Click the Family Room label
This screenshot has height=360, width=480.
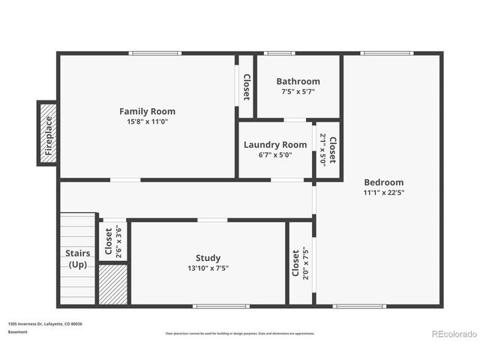[x=147, y=111]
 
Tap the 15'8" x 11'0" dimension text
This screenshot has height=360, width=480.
[x=147, y=121]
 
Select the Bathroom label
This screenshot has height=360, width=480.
[x=298, y=81]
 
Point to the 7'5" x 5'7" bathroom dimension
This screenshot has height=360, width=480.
[x=298, y=91]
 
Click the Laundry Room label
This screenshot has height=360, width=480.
[x=275, y=145]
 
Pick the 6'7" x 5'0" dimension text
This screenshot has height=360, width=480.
[x=275, y=155]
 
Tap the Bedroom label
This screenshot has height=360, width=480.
[x=383, y=182]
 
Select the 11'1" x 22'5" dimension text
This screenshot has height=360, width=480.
[x=383, y=193]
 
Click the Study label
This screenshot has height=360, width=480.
[x=208, y=258]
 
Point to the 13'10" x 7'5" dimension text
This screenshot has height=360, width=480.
[x=208, y=268]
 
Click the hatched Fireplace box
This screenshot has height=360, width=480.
[x=48, y=133]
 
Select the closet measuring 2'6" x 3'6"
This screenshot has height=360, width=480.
[x=113, y=241]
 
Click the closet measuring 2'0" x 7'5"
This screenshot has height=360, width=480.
[x=300, y=263]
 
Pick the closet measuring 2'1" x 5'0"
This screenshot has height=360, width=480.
[x=328, y=149]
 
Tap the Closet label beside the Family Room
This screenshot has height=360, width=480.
[x=246, y=87]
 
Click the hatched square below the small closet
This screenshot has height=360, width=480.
[x=113, y=283]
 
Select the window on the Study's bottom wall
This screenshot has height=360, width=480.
[x=221, y=306]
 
